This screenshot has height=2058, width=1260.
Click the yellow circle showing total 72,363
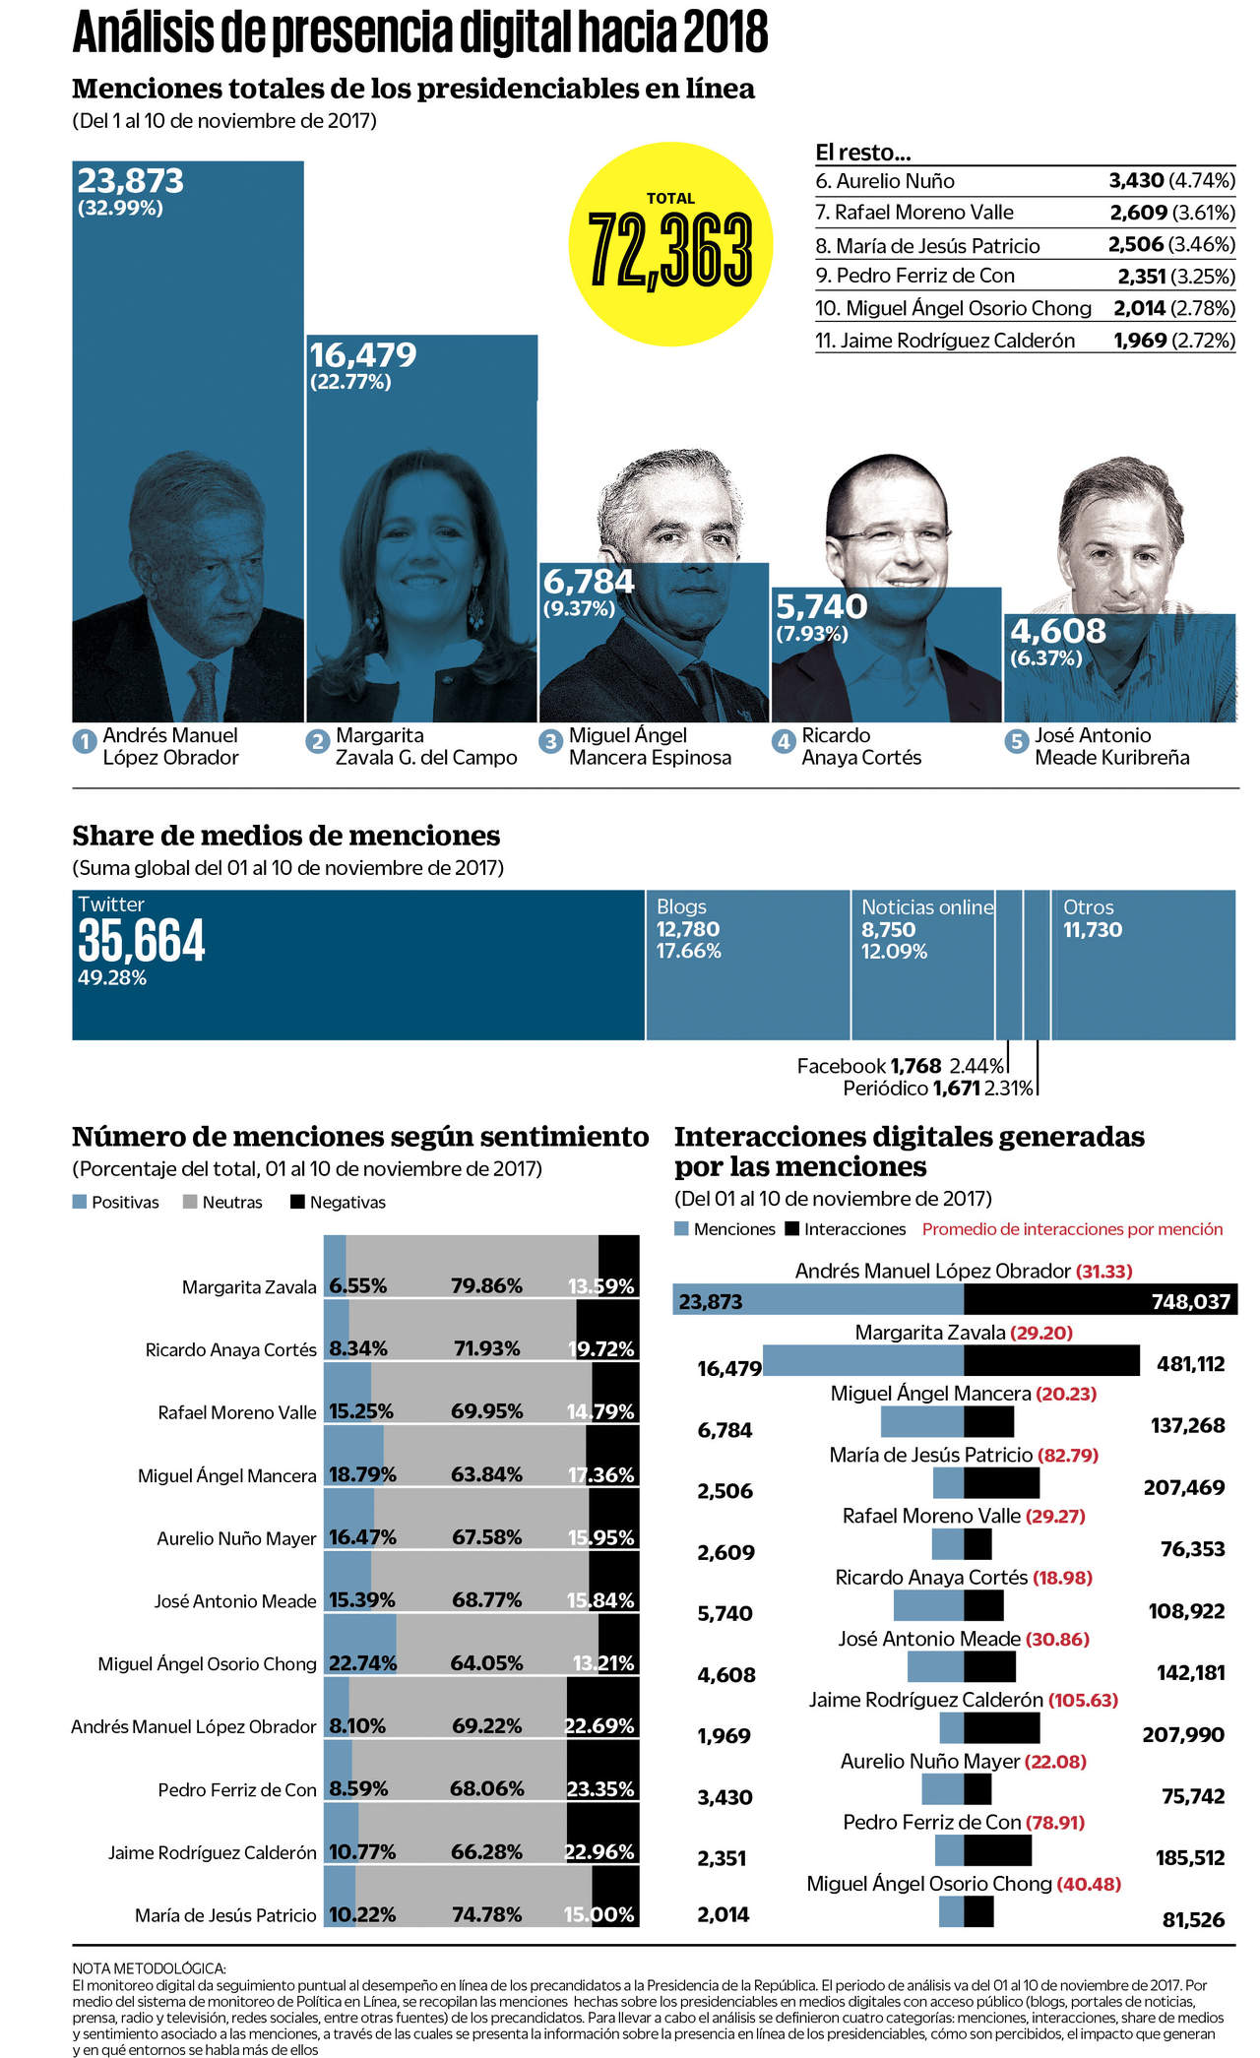tap(670, 244)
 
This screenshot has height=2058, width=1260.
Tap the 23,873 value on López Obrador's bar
tap(130, 181)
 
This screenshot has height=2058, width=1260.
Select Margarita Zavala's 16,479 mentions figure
tap(363, 354)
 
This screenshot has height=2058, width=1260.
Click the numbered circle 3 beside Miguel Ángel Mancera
tap(550, 741)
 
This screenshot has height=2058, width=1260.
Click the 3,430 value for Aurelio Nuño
tap(1136, 180)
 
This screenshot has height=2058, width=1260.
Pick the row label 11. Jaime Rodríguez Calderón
tap(944, 341)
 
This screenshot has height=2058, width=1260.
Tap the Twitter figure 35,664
tap(142, 941)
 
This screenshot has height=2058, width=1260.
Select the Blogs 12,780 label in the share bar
tap(688, 928)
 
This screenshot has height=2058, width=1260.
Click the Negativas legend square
tap(297, 1202)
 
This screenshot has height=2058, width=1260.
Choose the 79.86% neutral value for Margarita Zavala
tap(486, 1285)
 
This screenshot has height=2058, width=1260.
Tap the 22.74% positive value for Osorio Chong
tap(362, 1663)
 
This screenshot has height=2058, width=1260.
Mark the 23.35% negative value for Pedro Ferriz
tap(599, 1788)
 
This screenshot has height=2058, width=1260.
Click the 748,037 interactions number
tap(1190, 1302)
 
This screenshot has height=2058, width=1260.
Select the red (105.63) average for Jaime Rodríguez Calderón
tap(1083, 1700)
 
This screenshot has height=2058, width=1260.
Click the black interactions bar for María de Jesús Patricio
tap(1001, 1483)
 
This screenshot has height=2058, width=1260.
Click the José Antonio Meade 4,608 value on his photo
tap(1057, 631)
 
